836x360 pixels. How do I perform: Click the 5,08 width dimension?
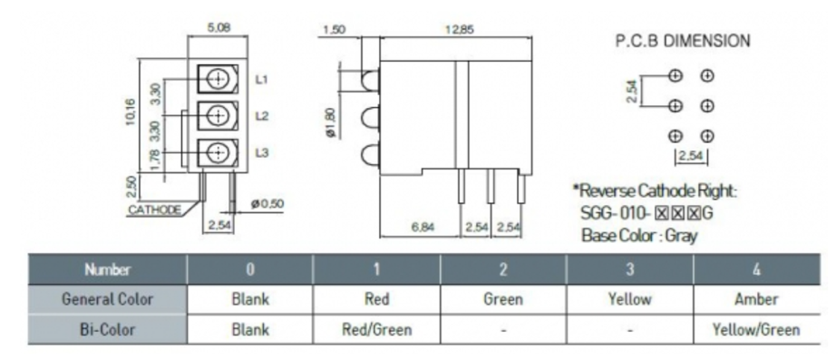219,27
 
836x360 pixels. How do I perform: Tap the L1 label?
262,80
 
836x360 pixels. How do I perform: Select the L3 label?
262,153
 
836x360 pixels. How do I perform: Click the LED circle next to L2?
218,116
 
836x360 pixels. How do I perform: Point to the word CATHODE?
154,209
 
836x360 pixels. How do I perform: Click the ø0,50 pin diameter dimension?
267,204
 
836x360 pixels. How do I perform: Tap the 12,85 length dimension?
459,30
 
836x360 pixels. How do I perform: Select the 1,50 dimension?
335,30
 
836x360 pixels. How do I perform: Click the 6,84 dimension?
423,228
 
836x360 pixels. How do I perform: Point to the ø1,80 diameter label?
332,123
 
